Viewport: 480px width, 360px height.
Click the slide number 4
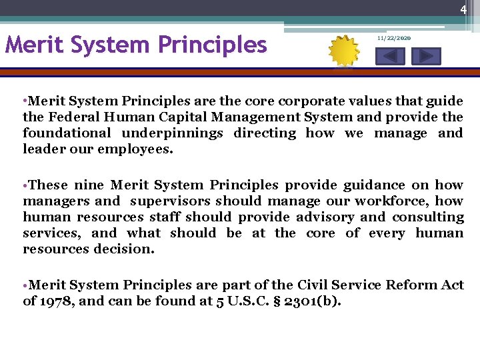[462, 10]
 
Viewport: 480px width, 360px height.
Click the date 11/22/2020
[393, 39]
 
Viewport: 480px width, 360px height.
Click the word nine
[89, 185]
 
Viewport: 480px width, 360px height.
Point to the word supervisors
[169, 201]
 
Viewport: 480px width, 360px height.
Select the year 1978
[57, 301]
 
